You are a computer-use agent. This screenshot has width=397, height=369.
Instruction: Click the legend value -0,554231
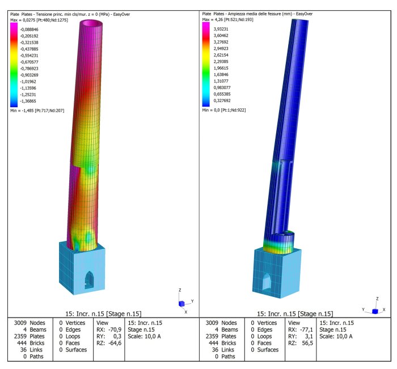(29, 56)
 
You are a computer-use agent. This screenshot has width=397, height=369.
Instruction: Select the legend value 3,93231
(221, 29)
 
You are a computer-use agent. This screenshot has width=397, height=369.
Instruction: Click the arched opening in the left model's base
(89, 280)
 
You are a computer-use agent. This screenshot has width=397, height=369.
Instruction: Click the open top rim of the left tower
(91, 24)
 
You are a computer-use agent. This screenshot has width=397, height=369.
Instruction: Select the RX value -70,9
(115, 329)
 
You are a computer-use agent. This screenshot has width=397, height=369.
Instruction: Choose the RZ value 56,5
(307, 343)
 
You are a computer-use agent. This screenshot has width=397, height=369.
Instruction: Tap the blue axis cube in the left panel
(181, 304)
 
